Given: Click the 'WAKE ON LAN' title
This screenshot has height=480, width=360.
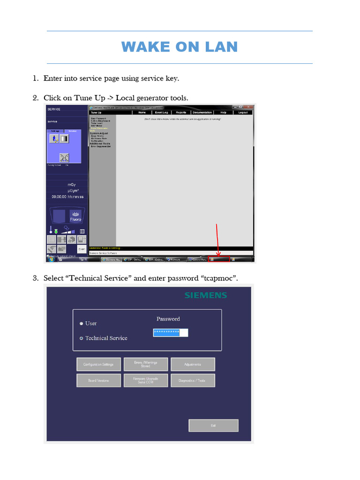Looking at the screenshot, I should pos(180,47).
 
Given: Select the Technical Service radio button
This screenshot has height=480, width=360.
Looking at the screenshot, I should pos(82,338).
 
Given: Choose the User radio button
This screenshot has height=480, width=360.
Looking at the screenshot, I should pos(82,323).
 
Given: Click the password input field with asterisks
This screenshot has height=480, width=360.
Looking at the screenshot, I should pos(170,332).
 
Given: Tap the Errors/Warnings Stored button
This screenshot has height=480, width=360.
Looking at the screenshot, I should pos(145,364).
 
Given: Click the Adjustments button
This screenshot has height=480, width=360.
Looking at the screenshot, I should pos(193,364).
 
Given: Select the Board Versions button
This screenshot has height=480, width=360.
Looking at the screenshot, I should pos(98,380).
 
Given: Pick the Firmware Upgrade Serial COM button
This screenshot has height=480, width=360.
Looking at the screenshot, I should pos(145,380).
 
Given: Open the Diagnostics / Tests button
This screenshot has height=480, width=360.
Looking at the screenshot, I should pos(193,380).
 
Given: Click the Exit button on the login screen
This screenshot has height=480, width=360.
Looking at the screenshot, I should pos(213,425).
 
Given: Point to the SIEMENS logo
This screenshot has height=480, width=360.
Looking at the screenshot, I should pos(205,295).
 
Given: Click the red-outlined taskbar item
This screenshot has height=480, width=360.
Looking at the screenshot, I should pos(219,259).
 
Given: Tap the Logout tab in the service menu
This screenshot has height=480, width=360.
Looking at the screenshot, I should pos(243,112).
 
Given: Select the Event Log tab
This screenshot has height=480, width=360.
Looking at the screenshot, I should pos(161,112).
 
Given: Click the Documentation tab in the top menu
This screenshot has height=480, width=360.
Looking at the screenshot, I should pos(202,112).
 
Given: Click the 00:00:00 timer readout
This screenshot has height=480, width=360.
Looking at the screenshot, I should pos(67,197).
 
